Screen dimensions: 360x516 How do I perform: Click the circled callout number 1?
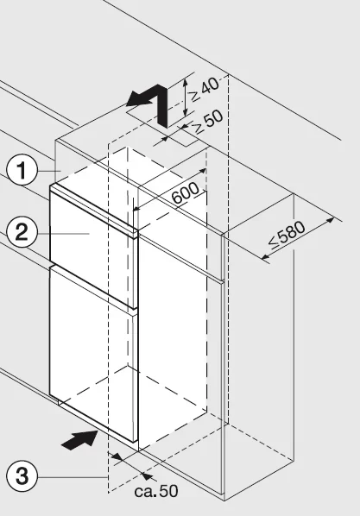pyautogui.click(x=22, y=171)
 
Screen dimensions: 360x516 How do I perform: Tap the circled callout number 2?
pyautogui.click(x=22, y=233)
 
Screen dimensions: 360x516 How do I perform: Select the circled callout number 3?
pyautogui.click(x=22, y=476)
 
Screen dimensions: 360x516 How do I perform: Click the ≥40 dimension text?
pyautogui.click(x=205, y=89)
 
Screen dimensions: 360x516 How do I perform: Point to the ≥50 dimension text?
pyautogui.click(x=208, y=121)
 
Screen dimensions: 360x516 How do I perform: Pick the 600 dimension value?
pyautogui.click(x=186, y=193)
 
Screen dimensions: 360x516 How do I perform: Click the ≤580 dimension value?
pyautogui.click(x=287, y=235)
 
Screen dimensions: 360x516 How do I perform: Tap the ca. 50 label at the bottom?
pyautogui.click(x=156, y=491)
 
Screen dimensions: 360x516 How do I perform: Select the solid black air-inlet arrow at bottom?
pyautogui.click(x=80, y=439)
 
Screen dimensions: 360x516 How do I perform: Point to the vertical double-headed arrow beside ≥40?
pyautogui.click(x=186, y=98)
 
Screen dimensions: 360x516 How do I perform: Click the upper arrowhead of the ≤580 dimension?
pyautogui.click(x=330, y=220)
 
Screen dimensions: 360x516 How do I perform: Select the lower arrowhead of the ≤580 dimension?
pyautogui.click(x=266, y=257)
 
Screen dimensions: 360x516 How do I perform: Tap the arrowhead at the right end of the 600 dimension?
pyautogui.click(x=202, y=171)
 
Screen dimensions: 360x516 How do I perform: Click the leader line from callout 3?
pyautogui.click(x=73, y=476)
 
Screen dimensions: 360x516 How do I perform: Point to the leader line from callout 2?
pyautogui.click(x=63, y=233)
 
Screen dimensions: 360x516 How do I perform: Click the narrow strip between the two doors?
pyautogui.click(x=93, y=287)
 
